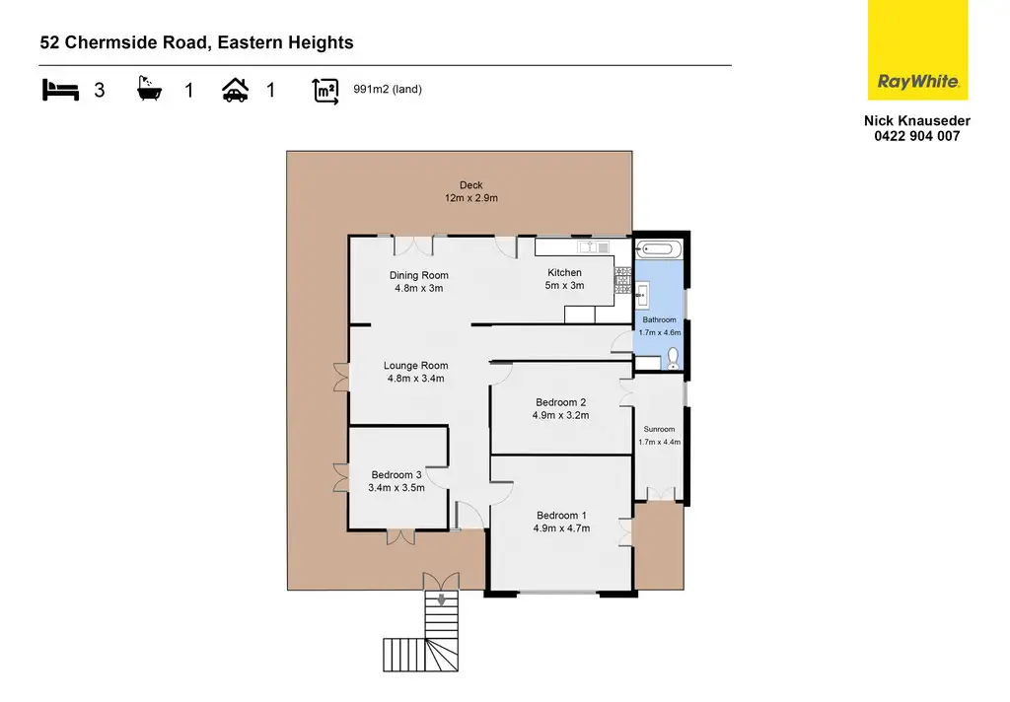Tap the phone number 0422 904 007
tap(917, 137)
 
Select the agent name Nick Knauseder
tap(917, 121)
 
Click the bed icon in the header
tap(59, 91)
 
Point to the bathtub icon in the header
tap(150, 91)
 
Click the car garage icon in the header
tap(235, 91)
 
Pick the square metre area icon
tap(325, 91)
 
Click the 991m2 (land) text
tap(388, 90)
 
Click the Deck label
tap(470, 184)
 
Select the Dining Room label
tap(418, 275)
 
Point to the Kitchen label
tap(565, 272)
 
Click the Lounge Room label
tap(415, 366)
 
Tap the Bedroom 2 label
tap(561, 402)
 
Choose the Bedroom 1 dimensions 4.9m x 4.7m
tap(561, 528)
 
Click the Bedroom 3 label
tap(396, 474)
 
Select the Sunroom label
tap(659, 429)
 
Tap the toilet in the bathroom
tap(674, 357)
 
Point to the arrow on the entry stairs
tap(441, 597)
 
